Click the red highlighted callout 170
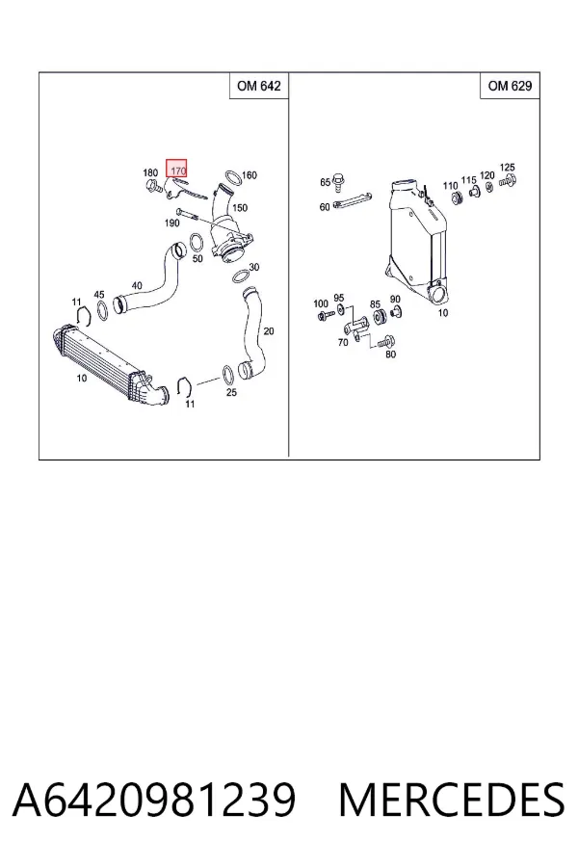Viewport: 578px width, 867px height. point(177,169)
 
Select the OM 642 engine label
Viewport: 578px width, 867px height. point(259,86)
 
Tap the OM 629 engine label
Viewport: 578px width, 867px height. point(510,86)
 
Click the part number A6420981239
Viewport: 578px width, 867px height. point(154,800)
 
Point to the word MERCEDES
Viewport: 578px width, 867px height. point(452,800)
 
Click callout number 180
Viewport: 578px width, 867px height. point(150,173)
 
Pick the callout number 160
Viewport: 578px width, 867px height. point(250,175)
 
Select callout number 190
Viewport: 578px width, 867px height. point(172,223)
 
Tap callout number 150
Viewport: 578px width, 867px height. point(240,208)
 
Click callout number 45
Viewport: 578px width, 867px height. point(99,295)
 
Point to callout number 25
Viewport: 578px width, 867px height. point(231,392)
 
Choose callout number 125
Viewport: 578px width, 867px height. point(508,167)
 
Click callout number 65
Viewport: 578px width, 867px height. point(326,182)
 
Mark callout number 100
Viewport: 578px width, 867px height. point(321,303)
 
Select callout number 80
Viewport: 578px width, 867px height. point(390,354)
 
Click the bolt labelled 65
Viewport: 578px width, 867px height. point(339,180)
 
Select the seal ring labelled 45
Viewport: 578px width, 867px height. point(102,310)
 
